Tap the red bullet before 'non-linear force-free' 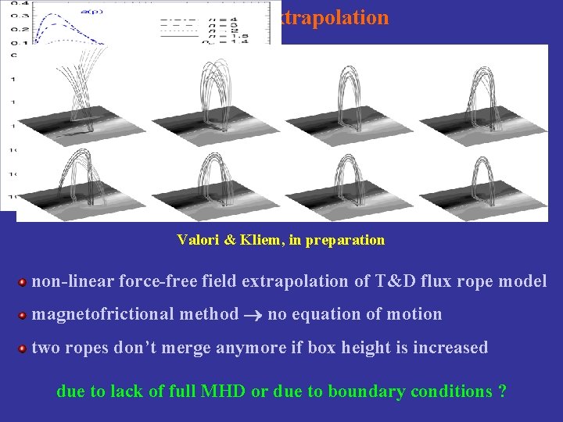pyautogui.click(x=23, y=282)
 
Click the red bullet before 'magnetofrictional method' pyautogui.click(x=23, y=316)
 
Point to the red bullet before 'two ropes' pyautogui.click(x=23, y=349)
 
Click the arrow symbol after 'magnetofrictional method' pyautogui.click(x=252, y=315)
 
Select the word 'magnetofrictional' pyautogui.click(x=97, y=314)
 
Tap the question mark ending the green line pyautogui.click(x=501, y=391)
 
